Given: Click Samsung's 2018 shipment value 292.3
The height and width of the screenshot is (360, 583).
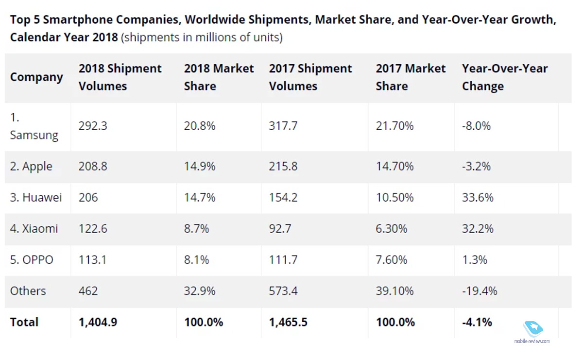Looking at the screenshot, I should [x=93, y=126].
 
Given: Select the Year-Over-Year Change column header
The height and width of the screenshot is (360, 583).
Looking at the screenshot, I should [x=505, y=77].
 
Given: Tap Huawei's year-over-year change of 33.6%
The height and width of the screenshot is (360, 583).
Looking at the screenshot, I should [x=478, y=197].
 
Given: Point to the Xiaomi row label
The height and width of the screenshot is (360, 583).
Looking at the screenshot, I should [x=34, y=228].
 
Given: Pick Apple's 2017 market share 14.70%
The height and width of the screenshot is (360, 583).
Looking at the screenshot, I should [x=394, y=166].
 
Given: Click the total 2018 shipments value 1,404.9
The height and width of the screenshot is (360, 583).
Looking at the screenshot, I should [x=98, y=322].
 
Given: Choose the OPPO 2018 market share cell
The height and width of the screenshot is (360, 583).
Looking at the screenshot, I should [x=197, y=259].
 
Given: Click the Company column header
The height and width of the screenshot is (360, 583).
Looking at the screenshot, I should [x=36, y=77].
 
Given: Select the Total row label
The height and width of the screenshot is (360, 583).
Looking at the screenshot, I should [x=24, y=322].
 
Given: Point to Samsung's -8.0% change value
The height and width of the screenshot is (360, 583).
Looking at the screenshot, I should [x=476, y=126].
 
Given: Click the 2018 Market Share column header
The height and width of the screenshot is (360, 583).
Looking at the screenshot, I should [x=219, y=77].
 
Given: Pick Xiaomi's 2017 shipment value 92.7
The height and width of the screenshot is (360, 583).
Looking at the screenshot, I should [x=280, y=228].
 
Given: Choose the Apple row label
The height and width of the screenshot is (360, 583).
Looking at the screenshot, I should [x=31, y=166].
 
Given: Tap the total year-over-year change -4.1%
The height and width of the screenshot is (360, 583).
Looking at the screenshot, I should [x=477, y=322].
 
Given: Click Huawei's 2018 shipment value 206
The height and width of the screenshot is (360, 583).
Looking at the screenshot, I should [x=88, y=197].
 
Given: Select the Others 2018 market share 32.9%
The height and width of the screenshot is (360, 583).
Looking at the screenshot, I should [x=200, y=291].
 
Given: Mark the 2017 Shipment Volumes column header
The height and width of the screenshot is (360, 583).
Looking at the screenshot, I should [x=310, y=77].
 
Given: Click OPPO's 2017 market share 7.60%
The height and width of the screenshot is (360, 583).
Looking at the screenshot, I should [x=392, y=259].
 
